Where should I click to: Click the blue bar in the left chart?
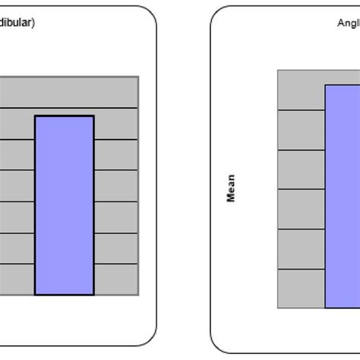pos(65,205)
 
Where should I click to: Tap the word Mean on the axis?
pos(231,188)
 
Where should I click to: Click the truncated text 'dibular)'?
pos(16,23)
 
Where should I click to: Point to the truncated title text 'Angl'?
pos(348,24)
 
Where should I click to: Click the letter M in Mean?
pos(231,198)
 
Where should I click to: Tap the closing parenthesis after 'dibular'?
pos(33,23)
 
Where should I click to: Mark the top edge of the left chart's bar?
pos(65,116)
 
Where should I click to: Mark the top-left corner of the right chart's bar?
pos(326,85)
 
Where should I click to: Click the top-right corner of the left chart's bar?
pos(93,116)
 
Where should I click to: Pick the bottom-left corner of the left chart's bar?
pos(35,295)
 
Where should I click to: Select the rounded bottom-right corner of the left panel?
pos(151,347)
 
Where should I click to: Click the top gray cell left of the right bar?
pos(302,90)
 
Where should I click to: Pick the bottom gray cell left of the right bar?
pos(302,288)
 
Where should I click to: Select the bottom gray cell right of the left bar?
pos(116,279)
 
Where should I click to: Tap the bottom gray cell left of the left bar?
pos(17,279)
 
